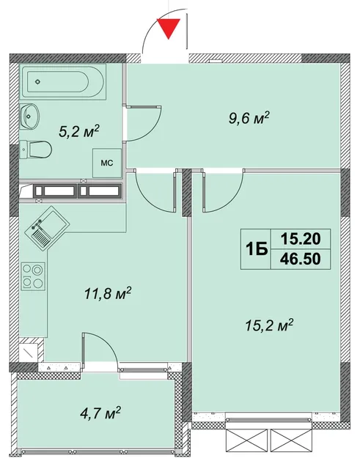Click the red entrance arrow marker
[x=169, y=28]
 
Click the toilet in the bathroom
[x=36, y=149]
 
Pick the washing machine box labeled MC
[x=106, y=163]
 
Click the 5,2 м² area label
[x=79, y=132]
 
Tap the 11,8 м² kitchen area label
[x=109, y=294]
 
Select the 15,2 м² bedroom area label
[x=269, y=326]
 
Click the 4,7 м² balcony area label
[x=100, y=413]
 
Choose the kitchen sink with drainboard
[x=46, y=228]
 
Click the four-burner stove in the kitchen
[x=33, y=276]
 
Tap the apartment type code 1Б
[x=257, y=250]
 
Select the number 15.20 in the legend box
[x=301, y=239]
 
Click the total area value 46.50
[x=301, y=259]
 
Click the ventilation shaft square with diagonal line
[x=29, y=353]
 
